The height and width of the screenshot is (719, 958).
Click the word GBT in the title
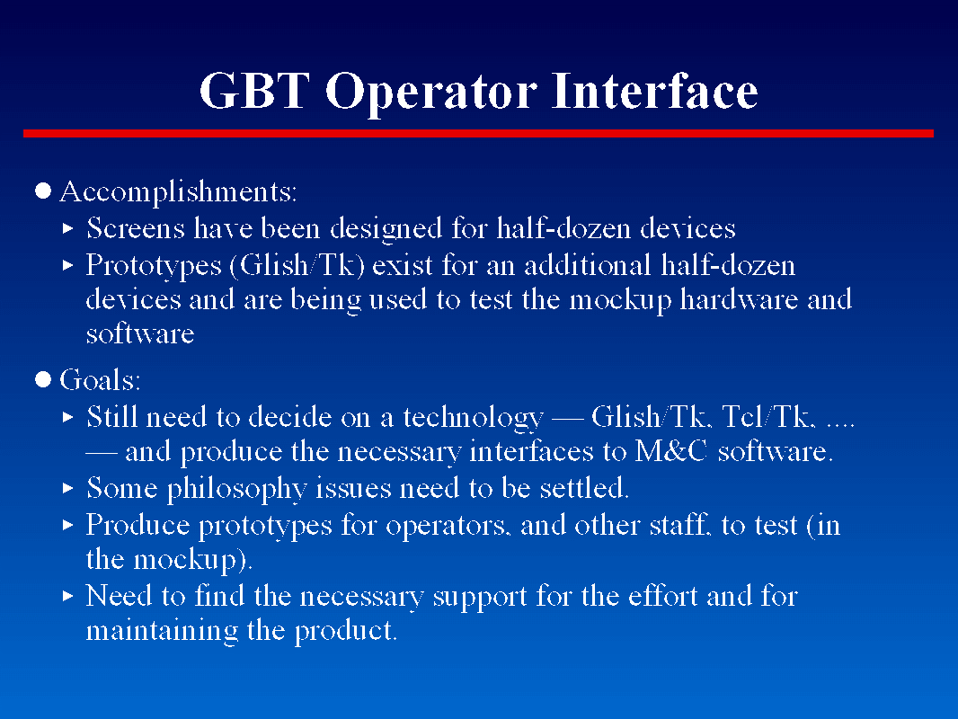point(254,91)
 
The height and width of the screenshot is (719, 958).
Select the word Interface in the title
point(654,91)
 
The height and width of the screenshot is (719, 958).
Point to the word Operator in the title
point(431,93)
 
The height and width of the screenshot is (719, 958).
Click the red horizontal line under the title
point(478,133)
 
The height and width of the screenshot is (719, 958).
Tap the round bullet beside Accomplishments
point(43,191)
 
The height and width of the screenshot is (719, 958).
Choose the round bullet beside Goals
point(43,379)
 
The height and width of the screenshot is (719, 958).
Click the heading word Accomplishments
point(179,192)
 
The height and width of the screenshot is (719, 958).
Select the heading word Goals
point(100,380)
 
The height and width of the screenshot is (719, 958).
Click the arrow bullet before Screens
point(67,229)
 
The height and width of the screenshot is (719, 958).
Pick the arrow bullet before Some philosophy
point(67,488)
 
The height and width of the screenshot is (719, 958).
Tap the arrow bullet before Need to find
point(67,596)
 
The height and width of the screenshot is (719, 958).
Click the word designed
point(386,229)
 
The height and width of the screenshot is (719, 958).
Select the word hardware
point(739,299)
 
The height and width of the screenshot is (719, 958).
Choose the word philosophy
point(236,489)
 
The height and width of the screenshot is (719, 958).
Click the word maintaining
point(162,631)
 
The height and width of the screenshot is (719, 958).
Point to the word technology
point(473,419)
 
